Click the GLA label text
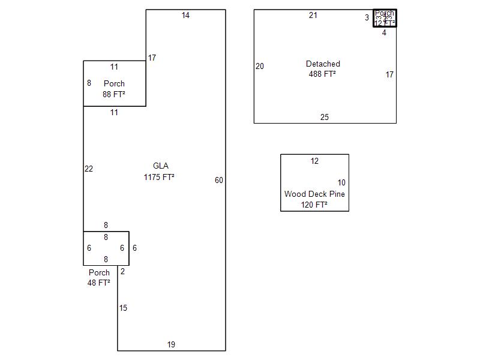(160, 166)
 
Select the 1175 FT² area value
(159, 177)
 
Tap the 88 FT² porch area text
(114, 94)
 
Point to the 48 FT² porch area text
(99, 283)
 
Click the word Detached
(323, 64)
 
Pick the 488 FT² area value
(322, 74)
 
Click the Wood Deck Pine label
(314, 194)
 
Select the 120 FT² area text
(314, 205)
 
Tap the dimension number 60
(219, 181)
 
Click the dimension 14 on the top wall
(185, 16)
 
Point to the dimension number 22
(89, 169)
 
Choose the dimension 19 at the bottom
(171, 345)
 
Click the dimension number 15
(123, 308)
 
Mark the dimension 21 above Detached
(313, 16)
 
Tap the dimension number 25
(325, 118)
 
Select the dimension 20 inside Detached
(260, 67)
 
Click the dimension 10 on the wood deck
(341, 183)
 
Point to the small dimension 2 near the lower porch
(122, 272)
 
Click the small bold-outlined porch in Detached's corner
(385, 18)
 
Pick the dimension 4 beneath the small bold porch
(385, 33)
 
